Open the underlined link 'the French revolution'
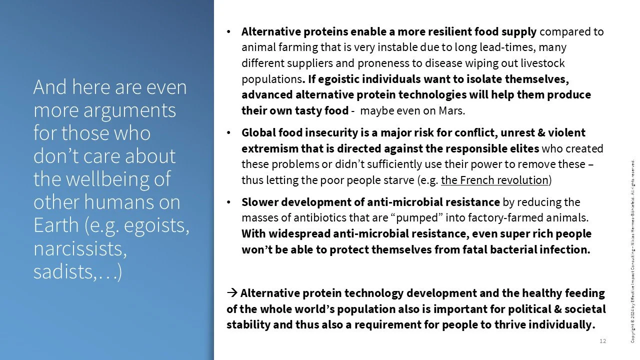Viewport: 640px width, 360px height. (494, 179)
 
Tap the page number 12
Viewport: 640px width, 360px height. (602, 341)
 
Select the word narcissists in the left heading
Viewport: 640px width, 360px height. (79, 248)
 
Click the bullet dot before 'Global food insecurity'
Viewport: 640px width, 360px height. (228, 133)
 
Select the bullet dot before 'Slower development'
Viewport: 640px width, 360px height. (228, 202)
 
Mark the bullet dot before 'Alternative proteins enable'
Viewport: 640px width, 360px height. (228, 32)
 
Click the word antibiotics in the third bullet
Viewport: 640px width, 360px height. (325, 217)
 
